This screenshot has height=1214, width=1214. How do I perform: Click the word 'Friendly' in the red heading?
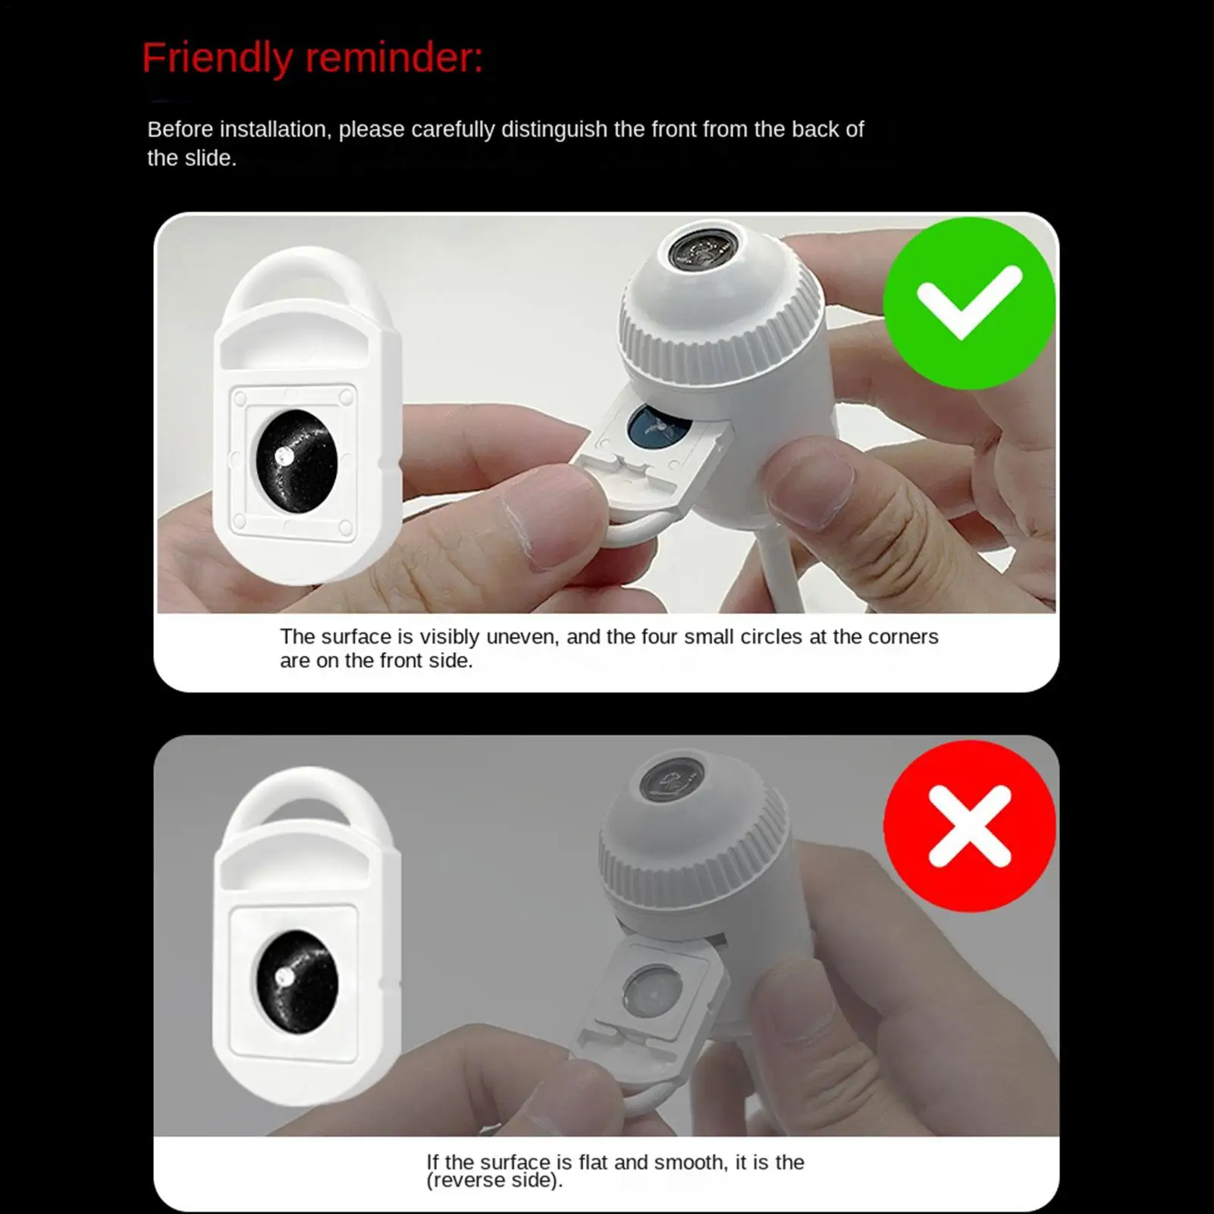(x=217, y=58)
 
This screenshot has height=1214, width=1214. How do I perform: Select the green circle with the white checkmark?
(x=969, y=303)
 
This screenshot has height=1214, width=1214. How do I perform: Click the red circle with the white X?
(x=969, y=826)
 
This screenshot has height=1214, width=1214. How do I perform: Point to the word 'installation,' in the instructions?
(x=275, y=130)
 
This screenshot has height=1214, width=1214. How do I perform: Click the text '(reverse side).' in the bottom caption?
(x=494, y=1181)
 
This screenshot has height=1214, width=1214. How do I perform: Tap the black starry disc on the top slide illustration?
(x=296, y=462)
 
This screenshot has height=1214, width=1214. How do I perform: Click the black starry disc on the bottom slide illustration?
(x=296, y=982)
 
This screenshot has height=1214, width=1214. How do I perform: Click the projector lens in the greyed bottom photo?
(x=672, y=779)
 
